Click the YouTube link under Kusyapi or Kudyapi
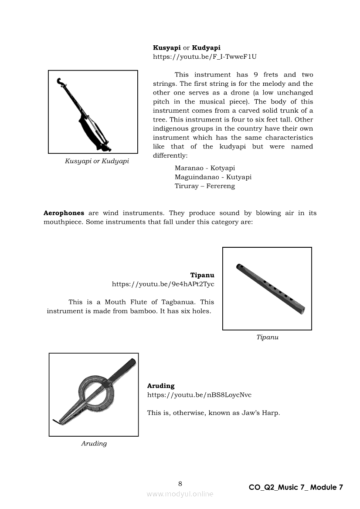204,57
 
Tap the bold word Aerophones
64,213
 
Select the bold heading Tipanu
202,275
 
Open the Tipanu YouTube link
163,284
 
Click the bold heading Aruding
160,386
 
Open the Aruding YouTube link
199,395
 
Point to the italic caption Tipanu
267,337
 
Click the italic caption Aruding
94,444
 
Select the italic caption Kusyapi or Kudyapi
97,161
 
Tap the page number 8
180,483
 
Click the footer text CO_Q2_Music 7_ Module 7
296,487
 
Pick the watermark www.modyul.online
180,494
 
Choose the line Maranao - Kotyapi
205,168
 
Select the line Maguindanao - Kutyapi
213,177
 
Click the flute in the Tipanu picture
270,289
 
